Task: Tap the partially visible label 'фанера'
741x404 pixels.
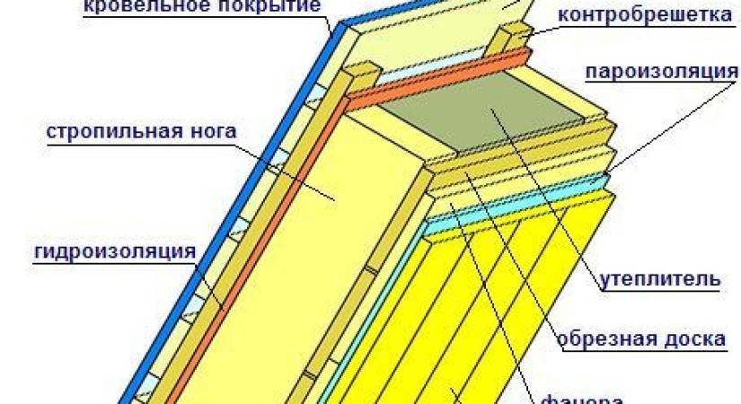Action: pos(583,398)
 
